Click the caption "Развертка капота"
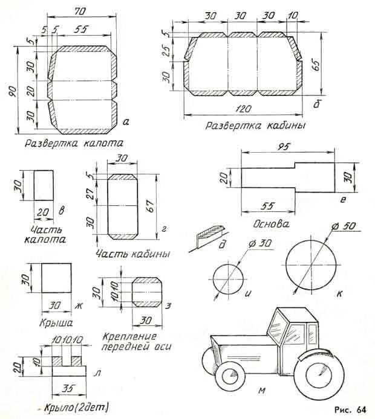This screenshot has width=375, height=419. click(74, 144)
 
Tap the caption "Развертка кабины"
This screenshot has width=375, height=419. click(255, 126)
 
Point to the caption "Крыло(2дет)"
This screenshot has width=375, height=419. click(71, 409)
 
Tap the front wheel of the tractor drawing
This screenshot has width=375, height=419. click(232, 376)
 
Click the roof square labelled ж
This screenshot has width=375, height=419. click(57, 280)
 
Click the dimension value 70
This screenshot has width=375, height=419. click(79, 11)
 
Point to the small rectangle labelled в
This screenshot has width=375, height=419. click(44, 185)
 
